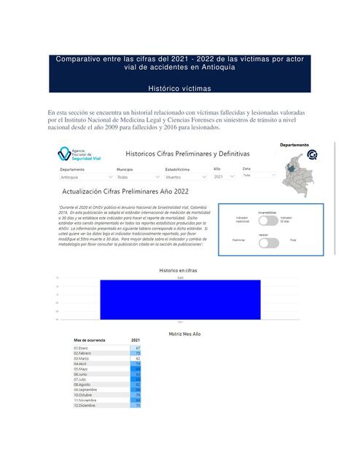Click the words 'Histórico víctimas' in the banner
pos(179,88)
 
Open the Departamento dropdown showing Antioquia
pos(84,176)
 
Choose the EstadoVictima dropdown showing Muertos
pos(186,176)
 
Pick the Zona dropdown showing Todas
pos(255,175)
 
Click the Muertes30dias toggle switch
pos(267,219)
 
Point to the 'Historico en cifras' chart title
pos(179,271)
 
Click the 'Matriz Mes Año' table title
pos(179,333)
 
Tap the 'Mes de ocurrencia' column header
pos(90,340)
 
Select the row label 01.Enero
pos(82,348)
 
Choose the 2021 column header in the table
pos(136,340)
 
